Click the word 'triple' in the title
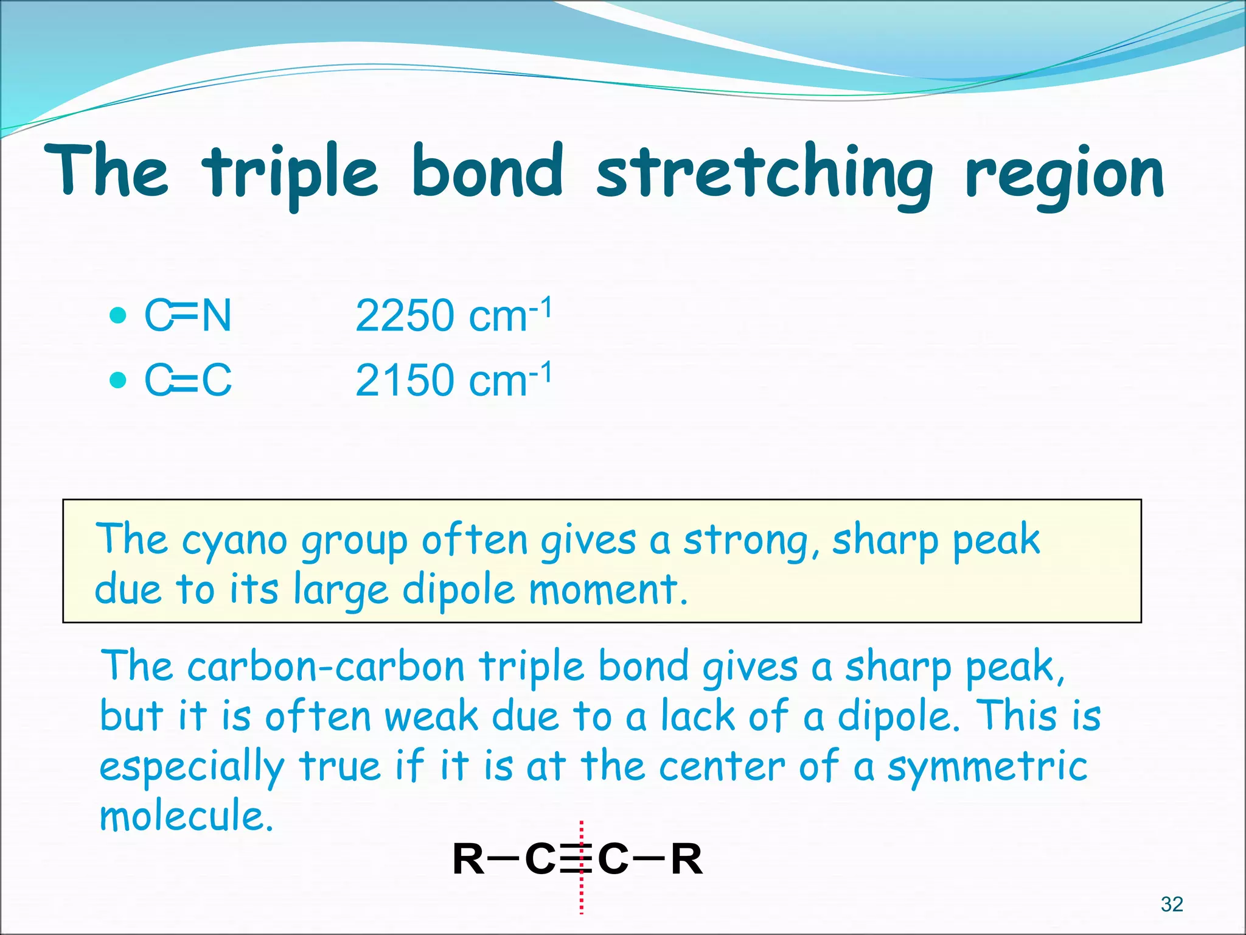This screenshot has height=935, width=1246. [x=291, y=173]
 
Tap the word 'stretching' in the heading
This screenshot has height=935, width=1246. [x=764, y=173]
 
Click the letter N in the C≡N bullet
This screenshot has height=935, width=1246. [x=217, y=316]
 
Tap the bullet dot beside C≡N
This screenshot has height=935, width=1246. [x=118, y=315]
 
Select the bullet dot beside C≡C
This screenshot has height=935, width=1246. [x=118, y=380]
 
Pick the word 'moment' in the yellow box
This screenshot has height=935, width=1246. [x=602, y=590]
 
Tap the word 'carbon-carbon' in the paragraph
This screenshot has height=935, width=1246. [x=326, y=667]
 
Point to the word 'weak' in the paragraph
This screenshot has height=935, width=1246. [x=431, y=716]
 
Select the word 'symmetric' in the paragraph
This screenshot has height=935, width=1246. [x=987, y=767]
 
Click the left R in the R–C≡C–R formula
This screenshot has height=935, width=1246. [x=468, y=860]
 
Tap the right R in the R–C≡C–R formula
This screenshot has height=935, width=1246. [x=687, y=860]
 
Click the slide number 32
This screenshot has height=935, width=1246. [x=1172, y=904]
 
